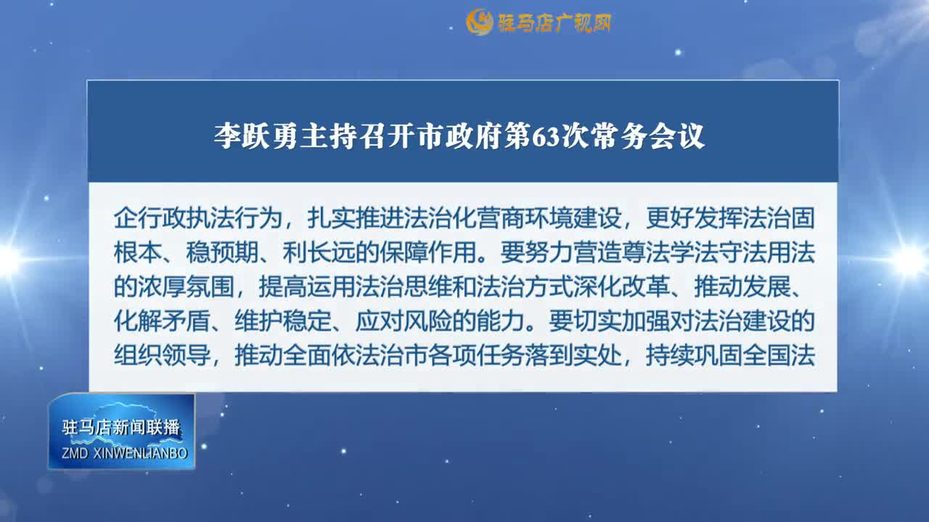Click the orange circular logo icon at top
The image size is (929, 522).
[x=479, y=22]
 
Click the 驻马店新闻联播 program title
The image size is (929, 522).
[x=121, y=428]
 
